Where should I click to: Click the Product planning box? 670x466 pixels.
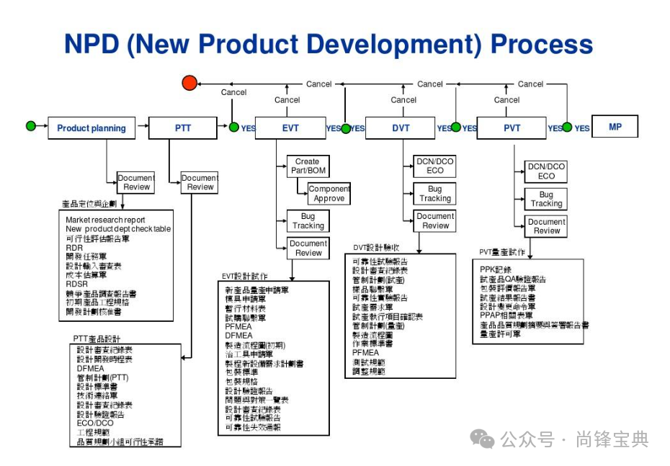click(91, 128)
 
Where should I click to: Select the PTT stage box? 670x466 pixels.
click(182, 128)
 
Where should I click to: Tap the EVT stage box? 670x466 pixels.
click(290, 128)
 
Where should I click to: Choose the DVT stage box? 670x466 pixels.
click(401, 128)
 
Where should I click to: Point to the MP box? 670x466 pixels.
click(615, 127)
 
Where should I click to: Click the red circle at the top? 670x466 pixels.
click(189, 84)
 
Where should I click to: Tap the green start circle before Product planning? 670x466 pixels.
click(30, 126)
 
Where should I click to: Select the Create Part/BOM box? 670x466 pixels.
click(308, 166)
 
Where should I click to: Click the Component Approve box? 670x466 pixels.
click(329, 194)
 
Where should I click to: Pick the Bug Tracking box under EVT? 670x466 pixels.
click(308, 221)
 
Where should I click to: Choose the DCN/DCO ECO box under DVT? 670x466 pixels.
click(435, 166)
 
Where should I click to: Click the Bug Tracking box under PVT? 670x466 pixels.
click(546, 199)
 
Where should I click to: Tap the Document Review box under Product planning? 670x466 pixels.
click(135, 182)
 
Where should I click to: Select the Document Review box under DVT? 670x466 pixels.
click(435, 220)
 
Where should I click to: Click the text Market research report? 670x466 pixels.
click(105, 220)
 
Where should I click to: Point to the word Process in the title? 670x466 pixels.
click(541, 44)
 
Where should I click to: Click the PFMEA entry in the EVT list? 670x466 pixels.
click(238, 326)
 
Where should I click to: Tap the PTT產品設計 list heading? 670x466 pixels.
click(97, 338)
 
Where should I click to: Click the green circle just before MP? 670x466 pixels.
click(567, 127)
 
